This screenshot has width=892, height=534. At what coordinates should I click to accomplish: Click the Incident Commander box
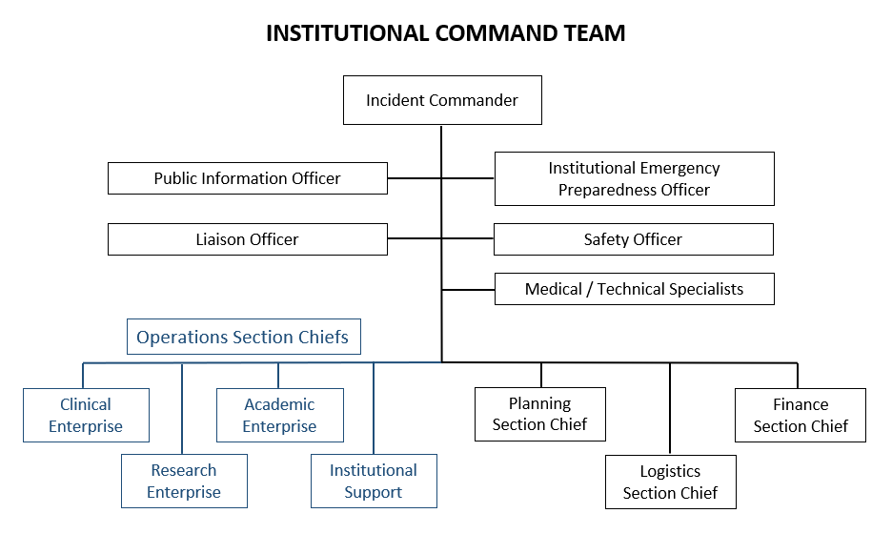click(442, 100)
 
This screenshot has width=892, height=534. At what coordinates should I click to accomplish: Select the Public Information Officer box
click(247, 178)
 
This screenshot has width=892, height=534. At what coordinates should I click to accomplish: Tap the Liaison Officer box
click(247, 239)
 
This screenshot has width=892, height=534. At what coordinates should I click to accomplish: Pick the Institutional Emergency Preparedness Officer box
click(634, 178)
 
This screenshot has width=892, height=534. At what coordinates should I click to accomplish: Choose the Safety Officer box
click(633, 239)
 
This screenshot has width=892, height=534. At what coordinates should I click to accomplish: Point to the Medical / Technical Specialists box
click(634, 289)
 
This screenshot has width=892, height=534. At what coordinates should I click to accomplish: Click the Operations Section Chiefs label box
click(243, 337)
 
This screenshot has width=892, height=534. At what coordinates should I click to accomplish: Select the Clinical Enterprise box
click(86, 415)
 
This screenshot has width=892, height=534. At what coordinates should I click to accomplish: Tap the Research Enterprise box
click(184, 481)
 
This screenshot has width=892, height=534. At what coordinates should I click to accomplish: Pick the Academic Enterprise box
click(279, 415)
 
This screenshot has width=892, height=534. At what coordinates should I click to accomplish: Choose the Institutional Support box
click(374, 481)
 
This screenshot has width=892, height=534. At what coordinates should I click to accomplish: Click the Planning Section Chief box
click(539, 414)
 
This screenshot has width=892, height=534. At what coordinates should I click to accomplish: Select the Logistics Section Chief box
click(670, 482)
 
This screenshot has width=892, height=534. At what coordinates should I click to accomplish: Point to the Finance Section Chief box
click(800, 415)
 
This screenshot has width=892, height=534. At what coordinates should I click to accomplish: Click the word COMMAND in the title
click(501, 33)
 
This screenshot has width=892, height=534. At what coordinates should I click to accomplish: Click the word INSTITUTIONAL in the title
click(347, 33)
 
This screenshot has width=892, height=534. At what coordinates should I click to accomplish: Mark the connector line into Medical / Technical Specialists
click(468, 289)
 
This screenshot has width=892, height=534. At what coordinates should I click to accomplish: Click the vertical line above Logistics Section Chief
click(670, 408)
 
